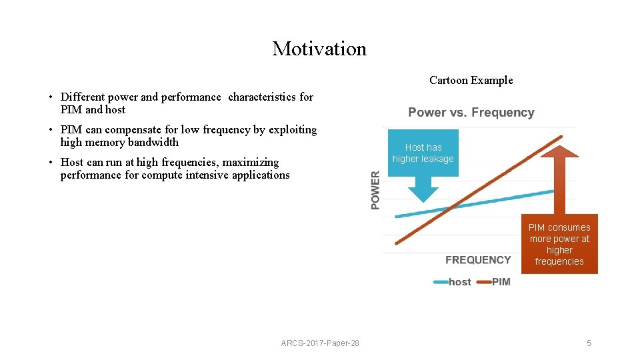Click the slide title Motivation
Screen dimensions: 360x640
tap(319, 49)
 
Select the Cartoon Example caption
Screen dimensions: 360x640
tap(471, 80)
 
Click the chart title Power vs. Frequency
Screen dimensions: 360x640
tap(471, 113)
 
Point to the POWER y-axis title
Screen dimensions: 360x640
tap(375, 190)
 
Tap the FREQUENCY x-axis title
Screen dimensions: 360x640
tap(478, 260)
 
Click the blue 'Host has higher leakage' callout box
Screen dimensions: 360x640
tap(423, 153)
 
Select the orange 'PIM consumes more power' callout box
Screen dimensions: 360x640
tap(559, 244)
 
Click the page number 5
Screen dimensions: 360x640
tap(589, 343)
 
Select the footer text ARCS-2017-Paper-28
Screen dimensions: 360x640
tap(320, 343)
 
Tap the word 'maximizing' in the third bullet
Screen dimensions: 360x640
tap(252, 162)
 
